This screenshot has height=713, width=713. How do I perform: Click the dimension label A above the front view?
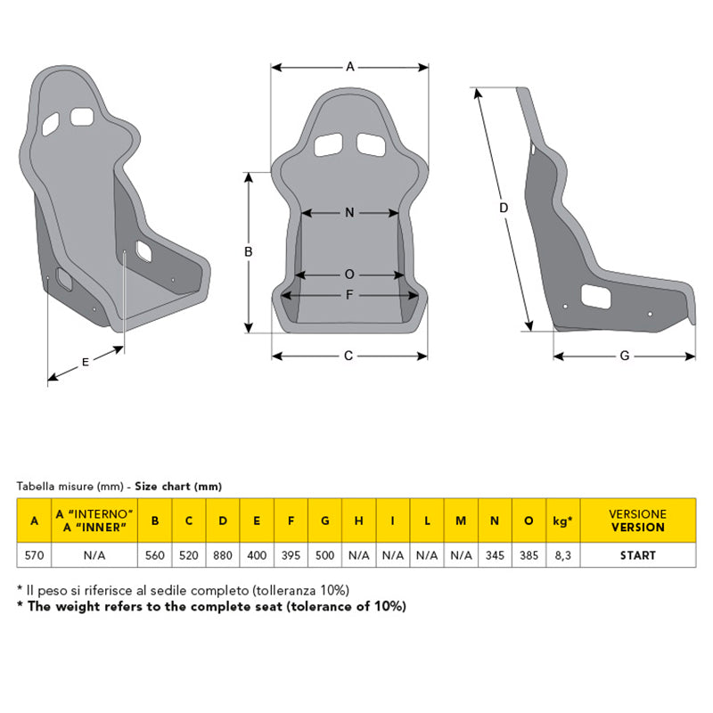pyautogui.click(x=349, y=67)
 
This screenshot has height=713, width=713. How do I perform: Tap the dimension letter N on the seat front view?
pyautogui.click(x=349, y=212)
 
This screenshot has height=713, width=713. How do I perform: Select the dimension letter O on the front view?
pyautogui.click(x=349, y=275)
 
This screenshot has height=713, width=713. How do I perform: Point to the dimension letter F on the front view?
pyautogui.click(x=349, y=295)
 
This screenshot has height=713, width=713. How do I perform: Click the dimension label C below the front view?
pyautogui.click(x=348, y=356)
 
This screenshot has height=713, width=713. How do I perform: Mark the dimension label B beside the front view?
pyautogui.click(x=249, y=251)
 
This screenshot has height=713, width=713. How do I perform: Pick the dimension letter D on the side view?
pyautogui.click(x=504, y=208)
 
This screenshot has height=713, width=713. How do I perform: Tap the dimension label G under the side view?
pyautogui.click(x=625, y=356)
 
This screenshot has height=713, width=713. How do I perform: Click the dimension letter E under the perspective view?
pyautogui.click(x=85, y=362)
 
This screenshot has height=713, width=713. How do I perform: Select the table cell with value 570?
pyautogui.click(x=34, y=555)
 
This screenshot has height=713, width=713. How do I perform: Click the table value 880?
pyautogui.click(x=222, y=555)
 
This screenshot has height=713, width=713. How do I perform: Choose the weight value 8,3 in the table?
pyautogui.click(x=563, y=555)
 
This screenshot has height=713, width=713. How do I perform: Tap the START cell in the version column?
pyautogui.click(x=638, y=555)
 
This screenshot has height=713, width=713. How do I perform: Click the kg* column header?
pyautogui.click(x=563, y=520)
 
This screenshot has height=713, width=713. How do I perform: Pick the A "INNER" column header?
pyautogui.click(x=94, y=520)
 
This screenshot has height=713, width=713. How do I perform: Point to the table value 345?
pyautogui.click(x=495, y=555)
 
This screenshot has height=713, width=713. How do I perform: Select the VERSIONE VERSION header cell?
pyautogui.click(x=638, y=520)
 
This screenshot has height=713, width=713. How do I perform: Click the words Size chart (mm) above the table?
pyautogui.click(x=178, y=487)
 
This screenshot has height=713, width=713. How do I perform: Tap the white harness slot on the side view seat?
pyautogui.click(x=595, y=297)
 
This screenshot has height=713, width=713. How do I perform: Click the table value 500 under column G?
pyautogui.click(x=324, y=555)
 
